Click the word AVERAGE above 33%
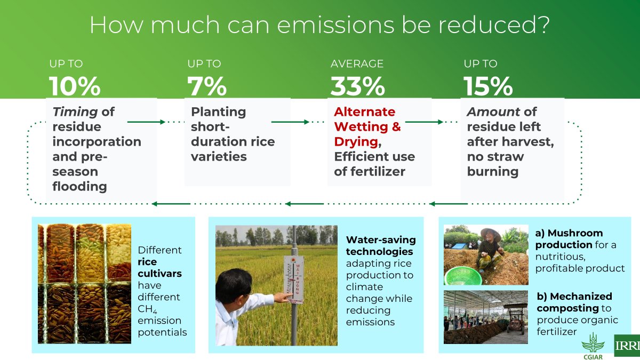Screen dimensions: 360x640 (x=357, y=63)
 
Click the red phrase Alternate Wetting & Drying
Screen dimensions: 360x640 (x=367, y=127)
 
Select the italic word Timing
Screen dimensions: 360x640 (x=75, y=112)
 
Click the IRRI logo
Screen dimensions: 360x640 (x=627, y=346)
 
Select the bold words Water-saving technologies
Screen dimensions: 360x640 (x=380, y=245)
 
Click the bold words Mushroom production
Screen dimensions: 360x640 (x=568, y=239)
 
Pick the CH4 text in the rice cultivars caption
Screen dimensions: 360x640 (x=147, y=309)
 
